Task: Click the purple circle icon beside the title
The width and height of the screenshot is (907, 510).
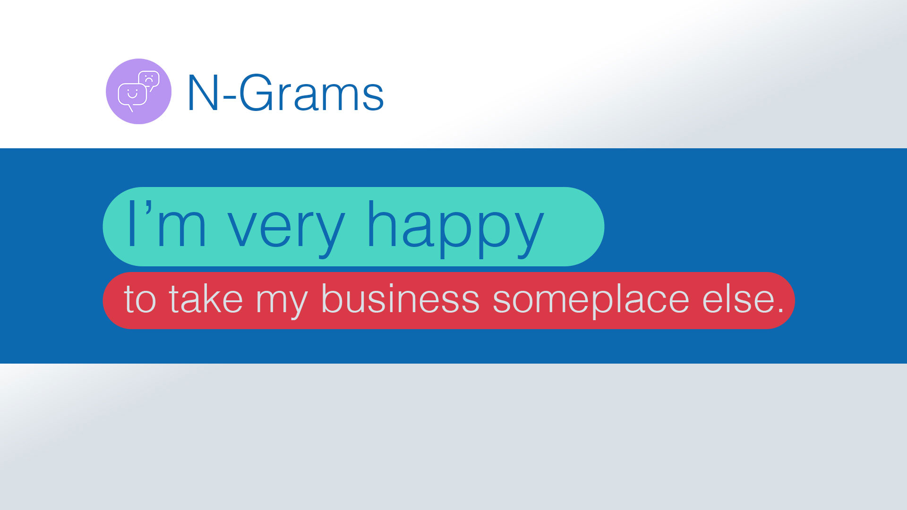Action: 138,91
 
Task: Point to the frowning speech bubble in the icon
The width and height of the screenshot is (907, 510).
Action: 149,81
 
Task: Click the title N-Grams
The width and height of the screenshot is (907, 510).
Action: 285,93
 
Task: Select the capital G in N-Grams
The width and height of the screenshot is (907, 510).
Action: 257,93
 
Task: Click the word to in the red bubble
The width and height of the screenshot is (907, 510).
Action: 140,299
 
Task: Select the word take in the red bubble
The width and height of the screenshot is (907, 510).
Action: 206,298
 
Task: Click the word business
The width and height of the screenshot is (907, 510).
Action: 400,298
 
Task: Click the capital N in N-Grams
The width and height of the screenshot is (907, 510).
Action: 203,93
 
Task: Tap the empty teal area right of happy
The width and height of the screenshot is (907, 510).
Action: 573,227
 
